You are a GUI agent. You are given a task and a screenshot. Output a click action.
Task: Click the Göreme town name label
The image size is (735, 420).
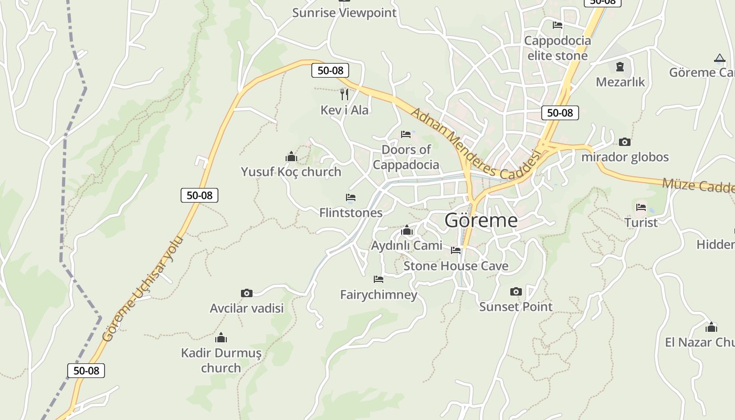tap(481, 220)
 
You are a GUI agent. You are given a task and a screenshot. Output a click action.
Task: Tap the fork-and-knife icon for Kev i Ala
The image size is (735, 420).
tap(344, 94)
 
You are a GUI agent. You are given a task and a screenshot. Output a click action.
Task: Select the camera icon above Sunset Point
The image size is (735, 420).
tap(516, 291)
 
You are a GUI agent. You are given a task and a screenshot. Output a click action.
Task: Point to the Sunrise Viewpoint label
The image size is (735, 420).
tap(344, 13)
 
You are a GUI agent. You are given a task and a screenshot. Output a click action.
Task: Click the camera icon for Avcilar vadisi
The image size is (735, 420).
tap(246, 293)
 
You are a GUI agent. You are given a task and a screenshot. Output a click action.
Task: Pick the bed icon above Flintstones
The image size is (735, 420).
tap(351, 197)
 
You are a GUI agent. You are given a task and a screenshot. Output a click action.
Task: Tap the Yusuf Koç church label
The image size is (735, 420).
tap(291, 172)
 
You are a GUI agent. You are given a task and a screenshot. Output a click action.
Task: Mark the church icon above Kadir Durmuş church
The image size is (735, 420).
tap(221, 337)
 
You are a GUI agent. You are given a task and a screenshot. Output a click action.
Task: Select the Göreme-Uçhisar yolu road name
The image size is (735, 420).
tap(143, 289)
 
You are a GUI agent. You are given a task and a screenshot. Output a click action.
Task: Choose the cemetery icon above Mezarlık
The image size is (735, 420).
tap(620, 67)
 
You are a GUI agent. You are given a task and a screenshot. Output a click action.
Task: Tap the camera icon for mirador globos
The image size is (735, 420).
tap(624, 142)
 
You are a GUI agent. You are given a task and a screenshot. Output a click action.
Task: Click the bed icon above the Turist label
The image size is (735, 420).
tap(640, 207)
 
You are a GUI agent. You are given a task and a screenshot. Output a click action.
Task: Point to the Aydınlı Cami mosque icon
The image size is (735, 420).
tap(406, 230)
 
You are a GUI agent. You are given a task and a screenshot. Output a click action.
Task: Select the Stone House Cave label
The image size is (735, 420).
tap(456, 266)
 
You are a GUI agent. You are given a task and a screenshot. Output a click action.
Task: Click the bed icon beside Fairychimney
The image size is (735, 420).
tap(378, 279)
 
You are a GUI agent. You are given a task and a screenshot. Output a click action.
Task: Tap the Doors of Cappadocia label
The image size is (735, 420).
tap(406, 157)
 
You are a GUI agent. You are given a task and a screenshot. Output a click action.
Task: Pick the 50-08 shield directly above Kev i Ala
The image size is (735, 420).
tap(330, 70)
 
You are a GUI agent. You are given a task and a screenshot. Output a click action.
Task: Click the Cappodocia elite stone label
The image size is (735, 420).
tap(557, 48)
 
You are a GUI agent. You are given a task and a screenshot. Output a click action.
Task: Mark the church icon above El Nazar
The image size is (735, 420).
tap(711, 327)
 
